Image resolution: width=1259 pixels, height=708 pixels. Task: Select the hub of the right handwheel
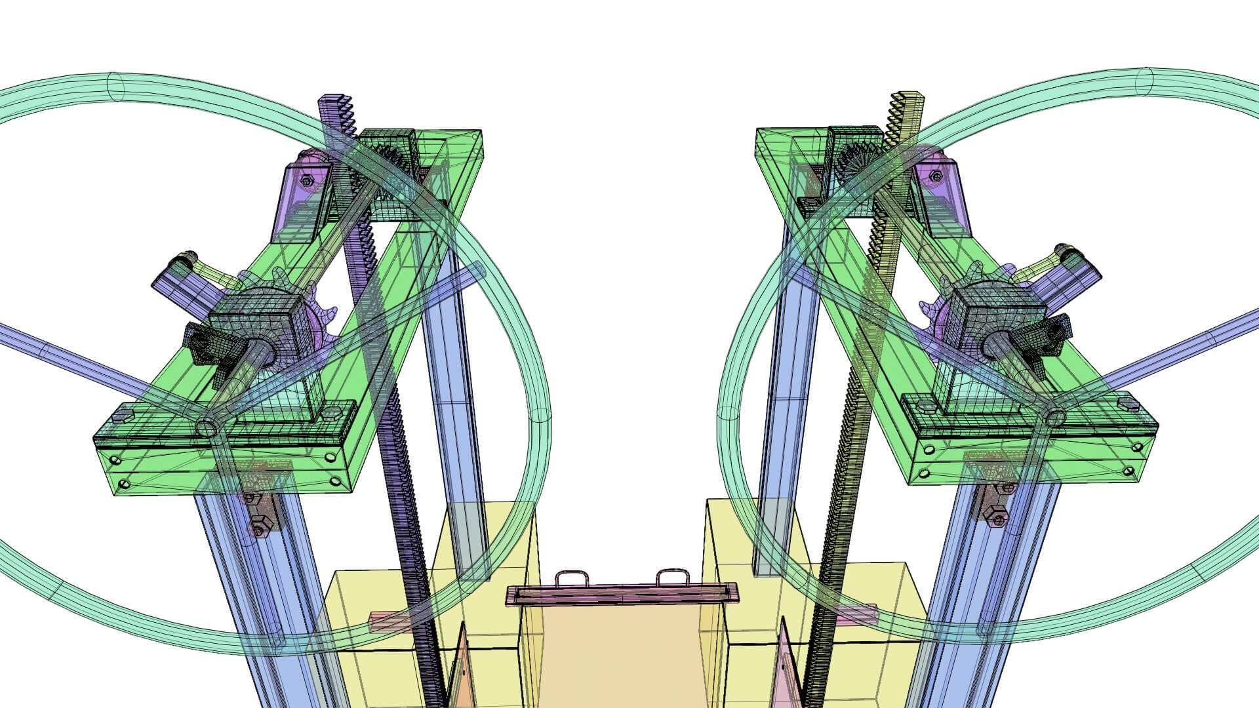coord(1055,416)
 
